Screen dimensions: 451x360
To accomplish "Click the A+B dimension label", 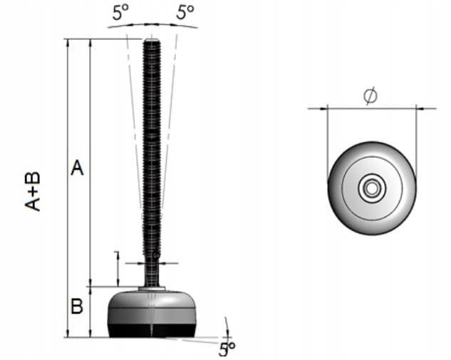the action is (32, 192).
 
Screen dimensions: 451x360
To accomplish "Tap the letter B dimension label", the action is (77, 306).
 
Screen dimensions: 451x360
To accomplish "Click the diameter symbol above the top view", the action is (370, 96).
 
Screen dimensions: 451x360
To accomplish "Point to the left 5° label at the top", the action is (120, 13).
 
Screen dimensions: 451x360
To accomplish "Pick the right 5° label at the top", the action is (185, 12).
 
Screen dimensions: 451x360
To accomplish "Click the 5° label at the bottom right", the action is (227, 349).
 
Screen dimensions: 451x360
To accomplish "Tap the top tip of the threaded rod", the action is (151, 41).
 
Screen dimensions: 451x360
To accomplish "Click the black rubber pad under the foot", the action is (152, 330).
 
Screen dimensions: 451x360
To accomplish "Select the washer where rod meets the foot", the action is (152, 288).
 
